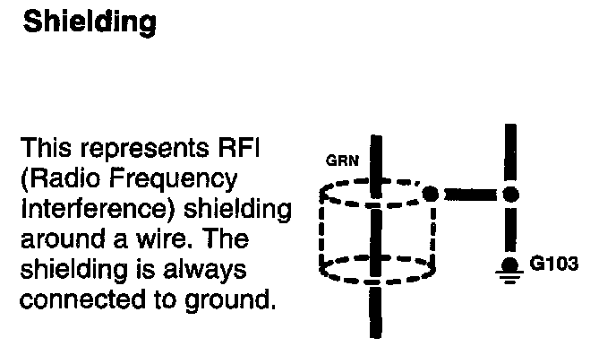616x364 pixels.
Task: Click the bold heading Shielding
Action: (89, 22)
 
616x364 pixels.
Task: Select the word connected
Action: (74, 299)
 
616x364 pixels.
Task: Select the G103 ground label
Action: (553, 264)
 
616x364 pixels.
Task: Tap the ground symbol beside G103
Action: (510, 268)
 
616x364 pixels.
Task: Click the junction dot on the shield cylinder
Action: (432, 193)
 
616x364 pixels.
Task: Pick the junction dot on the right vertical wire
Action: (510, 193)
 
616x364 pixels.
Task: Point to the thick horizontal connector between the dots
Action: (471, 193)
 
